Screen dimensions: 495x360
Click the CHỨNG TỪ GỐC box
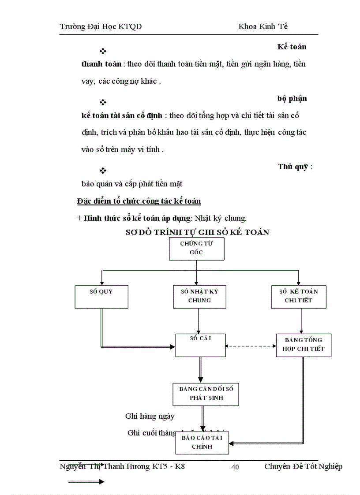click(x=197, y=249)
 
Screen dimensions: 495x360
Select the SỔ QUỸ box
click(x=102, y=296)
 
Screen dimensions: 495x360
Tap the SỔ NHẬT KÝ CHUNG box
click(x=199, y=296)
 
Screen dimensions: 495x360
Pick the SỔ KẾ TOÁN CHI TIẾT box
click(x=298, y=296)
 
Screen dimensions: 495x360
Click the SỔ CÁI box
click(x=200, y=345)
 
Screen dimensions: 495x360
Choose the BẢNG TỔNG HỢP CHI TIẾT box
click(x=303, y=345)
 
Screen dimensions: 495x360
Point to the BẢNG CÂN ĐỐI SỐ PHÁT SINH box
click(x=206, y=394)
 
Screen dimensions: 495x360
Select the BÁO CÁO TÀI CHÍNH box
click(x=202, y=442)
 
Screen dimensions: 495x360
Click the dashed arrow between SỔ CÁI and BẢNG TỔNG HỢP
click(x=251, y=346)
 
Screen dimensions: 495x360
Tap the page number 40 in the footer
click(x=235, y=467)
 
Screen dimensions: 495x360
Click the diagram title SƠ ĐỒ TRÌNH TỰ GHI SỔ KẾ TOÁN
click(x=197, y=232)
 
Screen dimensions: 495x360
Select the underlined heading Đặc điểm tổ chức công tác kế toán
click(x=139, y=201)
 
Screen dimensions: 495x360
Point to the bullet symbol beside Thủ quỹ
click(x=103, y=171)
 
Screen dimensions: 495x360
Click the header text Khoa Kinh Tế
click(x=263, y=26)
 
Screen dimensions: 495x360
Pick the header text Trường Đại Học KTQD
click(x=101, y=26)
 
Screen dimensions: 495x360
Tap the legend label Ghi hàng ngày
click(x=150, y=416)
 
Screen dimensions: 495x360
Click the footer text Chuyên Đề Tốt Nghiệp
click(x=303, y=466)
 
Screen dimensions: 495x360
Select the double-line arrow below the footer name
click(x=86, y=481)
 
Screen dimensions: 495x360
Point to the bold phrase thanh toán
click(x=101, y=64)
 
